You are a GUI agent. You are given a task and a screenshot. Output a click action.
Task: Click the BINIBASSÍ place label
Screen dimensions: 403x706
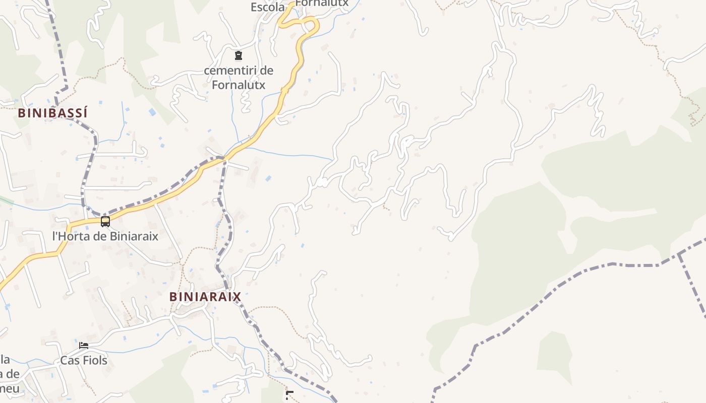[x=53, y=113]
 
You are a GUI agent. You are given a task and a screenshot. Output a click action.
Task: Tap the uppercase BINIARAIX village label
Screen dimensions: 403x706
[x=205, y=297]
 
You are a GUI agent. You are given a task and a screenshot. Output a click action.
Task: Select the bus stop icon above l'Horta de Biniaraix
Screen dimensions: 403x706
[x=105, y=221]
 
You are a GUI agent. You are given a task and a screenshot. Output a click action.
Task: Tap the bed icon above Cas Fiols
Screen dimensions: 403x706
[x=84, y=346]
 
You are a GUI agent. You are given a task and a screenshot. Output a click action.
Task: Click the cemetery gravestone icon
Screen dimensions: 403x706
[x=239, y=55]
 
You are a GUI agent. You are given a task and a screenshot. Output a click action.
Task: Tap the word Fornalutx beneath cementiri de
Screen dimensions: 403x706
[x=239, y=85]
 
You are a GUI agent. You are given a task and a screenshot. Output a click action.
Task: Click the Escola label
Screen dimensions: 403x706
[x=268, y=7]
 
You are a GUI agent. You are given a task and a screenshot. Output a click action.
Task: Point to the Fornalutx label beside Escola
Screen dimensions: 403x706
[x=322, y=4]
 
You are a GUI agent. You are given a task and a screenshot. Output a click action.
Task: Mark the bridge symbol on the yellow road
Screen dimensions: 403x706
[x=284, y=90]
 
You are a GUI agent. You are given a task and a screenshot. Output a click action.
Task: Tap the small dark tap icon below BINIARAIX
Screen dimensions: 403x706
[x=289, y=395]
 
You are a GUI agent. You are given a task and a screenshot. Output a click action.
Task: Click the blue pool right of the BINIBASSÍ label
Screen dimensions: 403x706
[x=152, y=112]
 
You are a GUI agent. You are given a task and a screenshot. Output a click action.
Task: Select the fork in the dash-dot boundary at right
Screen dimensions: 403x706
[x=679, y=253]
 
